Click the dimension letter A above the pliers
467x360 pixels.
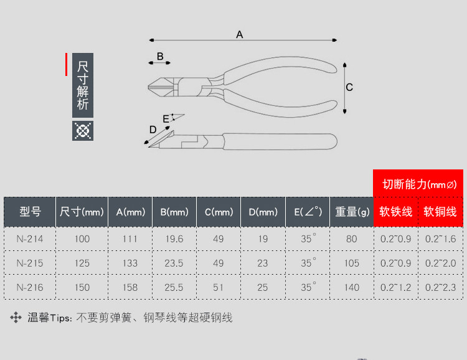click(x=239, y=35)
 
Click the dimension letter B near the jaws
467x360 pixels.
click(x=159, y=57)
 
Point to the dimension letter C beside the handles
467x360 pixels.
click(x=349, y=87)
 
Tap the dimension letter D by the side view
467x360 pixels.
click(x=153, y=130)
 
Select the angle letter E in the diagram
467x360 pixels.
click(x=166, y=118)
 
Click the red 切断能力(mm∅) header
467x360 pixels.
click(x=419, y=184)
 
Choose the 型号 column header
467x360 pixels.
click(x=30, y=212)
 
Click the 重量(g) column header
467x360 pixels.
click(x=352, y=212)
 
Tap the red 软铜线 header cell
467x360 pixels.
click(x=440, y=212)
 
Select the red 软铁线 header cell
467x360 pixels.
click(x=396, y=212)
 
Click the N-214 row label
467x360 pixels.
click(x=30, y=239)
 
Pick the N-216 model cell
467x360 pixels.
click(x=30, y=287)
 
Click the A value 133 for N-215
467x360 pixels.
click(x=130, y=263)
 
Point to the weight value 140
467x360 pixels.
click(x=352, y=287)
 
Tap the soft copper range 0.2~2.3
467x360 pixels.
click(x=440, y=287)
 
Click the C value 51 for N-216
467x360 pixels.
click(x=219, y=287)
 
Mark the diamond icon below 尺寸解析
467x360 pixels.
click(x=83, y=130)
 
